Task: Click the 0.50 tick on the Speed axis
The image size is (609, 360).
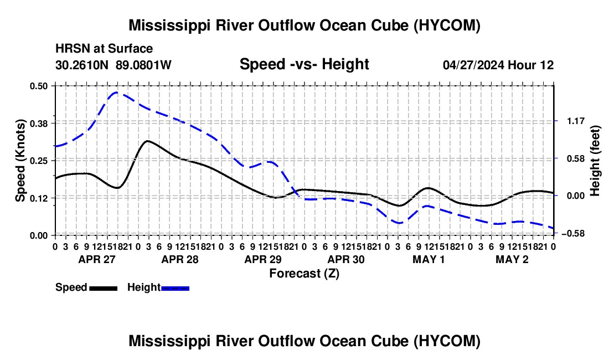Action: coord(38,86)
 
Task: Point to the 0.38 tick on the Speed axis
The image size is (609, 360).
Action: coord(38,124)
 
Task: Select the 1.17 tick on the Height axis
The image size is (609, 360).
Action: coord(576,121)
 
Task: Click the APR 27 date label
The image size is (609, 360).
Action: coord(97,259)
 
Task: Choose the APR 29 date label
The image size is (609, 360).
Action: coord(263,259)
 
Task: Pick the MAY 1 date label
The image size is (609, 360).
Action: coord(429,259)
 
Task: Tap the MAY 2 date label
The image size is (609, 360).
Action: coord(512,259)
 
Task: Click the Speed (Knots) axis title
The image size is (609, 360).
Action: coord(20,161)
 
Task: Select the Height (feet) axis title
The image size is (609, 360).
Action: coord(595,161)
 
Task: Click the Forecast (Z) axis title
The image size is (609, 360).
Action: coord(304,274)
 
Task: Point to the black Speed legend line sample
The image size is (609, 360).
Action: coord(104,288)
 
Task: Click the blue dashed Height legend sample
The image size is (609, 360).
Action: coord(175,288)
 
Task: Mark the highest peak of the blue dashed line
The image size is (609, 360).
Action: coord(116,92)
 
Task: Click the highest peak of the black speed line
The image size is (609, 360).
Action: coord(148,141)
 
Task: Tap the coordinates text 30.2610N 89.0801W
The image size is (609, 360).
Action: coord(113,65)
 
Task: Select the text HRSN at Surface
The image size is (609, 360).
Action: coord(104,49)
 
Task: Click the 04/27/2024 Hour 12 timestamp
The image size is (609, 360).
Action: coord(498,65)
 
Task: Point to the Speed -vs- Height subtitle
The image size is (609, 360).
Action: coord(304,64)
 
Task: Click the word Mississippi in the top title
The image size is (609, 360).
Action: coord(167,25)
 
